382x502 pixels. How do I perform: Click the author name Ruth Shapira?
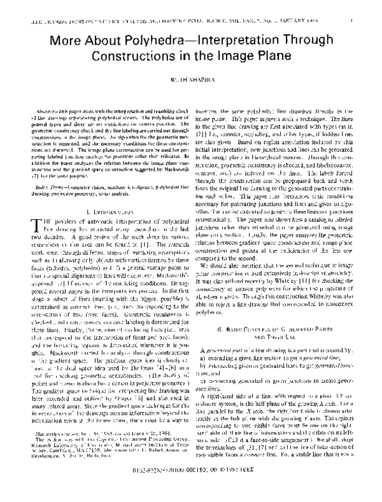click(x=191, y=82)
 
